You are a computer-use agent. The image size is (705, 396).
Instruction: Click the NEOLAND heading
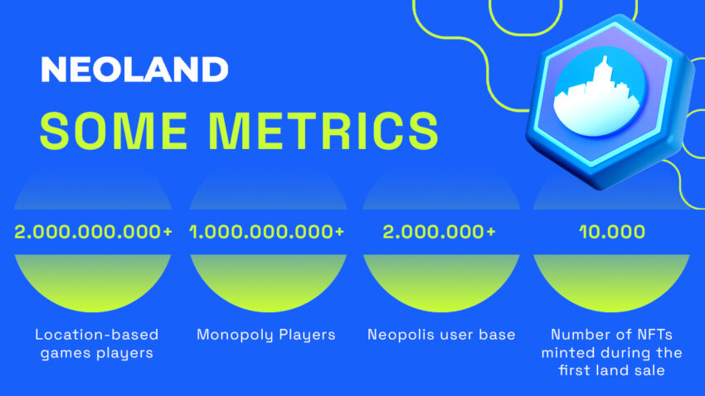pos(134,70)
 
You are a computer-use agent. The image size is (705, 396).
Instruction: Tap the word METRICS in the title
pos(323,131)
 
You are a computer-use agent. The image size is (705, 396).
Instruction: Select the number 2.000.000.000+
pos(93,232)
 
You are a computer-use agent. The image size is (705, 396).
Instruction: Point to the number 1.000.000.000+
pos(267,232)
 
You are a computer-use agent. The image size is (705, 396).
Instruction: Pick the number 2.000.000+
pos(439,232)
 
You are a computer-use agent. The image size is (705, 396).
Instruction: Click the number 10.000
pos(612,232)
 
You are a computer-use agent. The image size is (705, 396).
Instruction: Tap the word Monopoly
pos(236,335)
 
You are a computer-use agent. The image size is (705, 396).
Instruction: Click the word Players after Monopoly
pos(307,335)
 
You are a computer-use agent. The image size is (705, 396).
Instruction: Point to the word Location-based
pos(97,335)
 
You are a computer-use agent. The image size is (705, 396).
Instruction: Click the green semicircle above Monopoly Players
pos(269,283)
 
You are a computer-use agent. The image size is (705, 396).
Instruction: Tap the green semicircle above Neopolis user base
pos(441,283)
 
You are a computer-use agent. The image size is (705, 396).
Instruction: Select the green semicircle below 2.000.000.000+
pos(93,283)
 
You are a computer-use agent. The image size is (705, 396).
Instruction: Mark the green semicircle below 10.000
pos(611,283)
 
